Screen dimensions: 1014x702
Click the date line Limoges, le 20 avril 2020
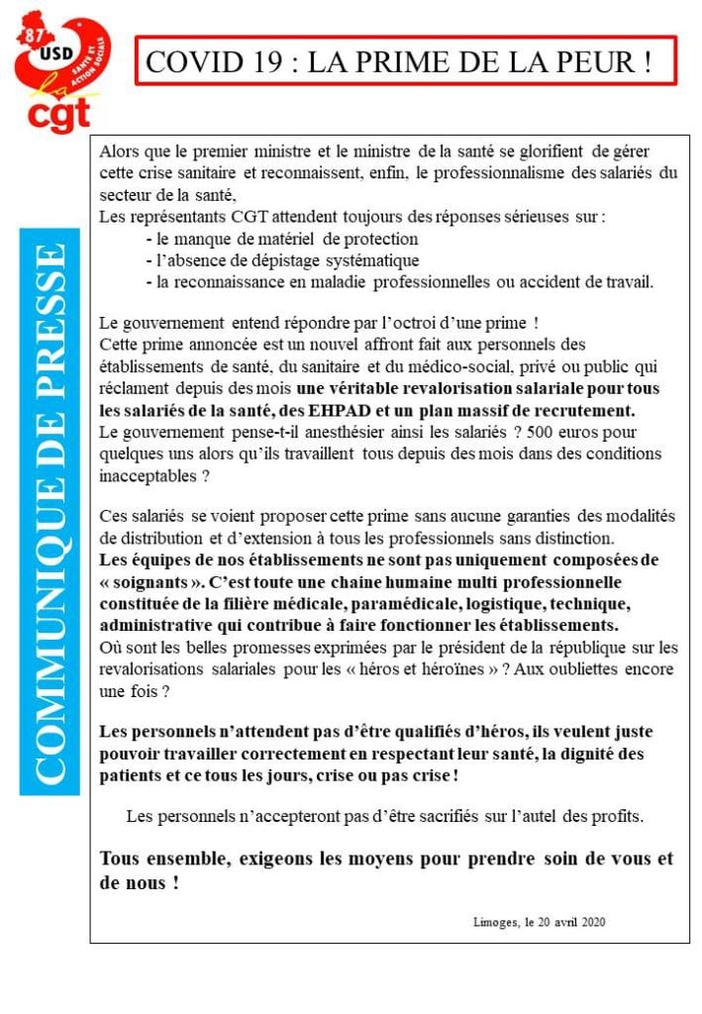coord(540,921)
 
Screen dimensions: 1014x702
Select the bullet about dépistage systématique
coord(282,260)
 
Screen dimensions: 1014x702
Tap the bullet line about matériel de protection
coord(281,239)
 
